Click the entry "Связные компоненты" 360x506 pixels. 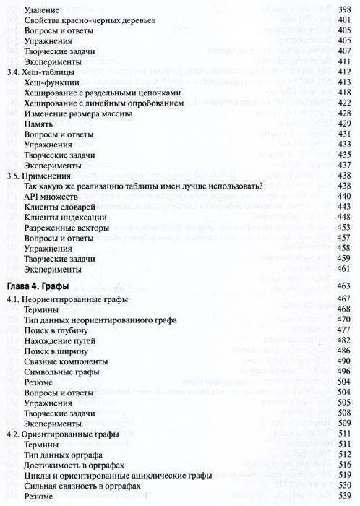click(x=64, y=361)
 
